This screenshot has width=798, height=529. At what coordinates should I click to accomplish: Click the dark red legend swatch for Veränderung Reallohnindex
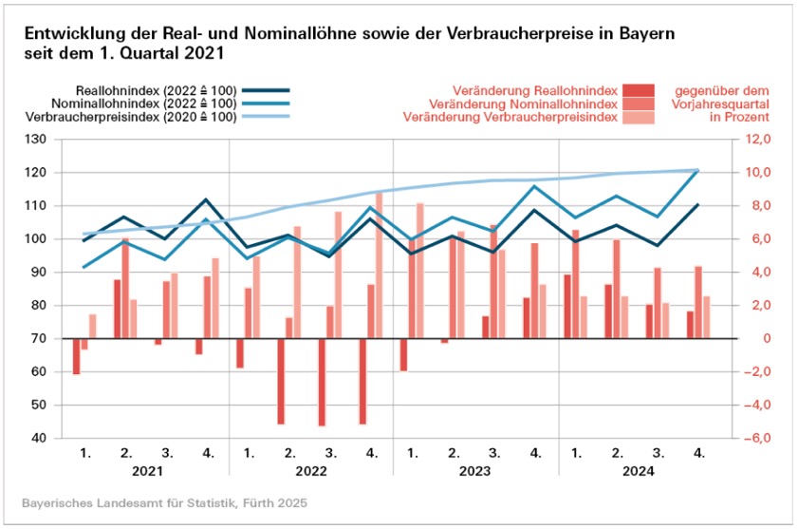click(x=639, y=89)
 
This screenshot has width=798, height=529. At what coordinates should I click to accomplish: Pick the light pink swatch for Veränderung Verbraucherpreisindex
click(x=639, y=117)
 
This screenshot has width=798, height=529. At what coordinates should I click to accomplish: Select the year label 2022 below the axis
click(x=310, y=470)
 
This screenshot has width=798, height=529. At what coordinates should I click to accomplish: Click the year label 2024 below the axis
click(x=638, y=470)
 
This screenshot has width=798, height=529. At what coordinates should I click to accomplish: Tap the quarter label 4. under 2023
click(x=536, y=453)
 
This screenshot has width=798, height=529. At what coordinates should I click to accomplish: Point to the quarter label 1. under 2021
click(x=85, y=453)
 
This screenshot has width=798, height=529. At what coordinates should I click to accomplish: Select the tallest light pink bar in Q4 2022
click(x=379, y=265)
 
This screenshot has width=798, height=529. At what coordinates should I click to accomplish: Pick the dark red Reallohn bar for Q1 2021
click(x=76, y=356)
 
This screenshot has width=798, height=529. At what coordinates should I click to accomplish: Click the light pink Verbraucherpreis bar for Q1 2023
click(x=419, y=271)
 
